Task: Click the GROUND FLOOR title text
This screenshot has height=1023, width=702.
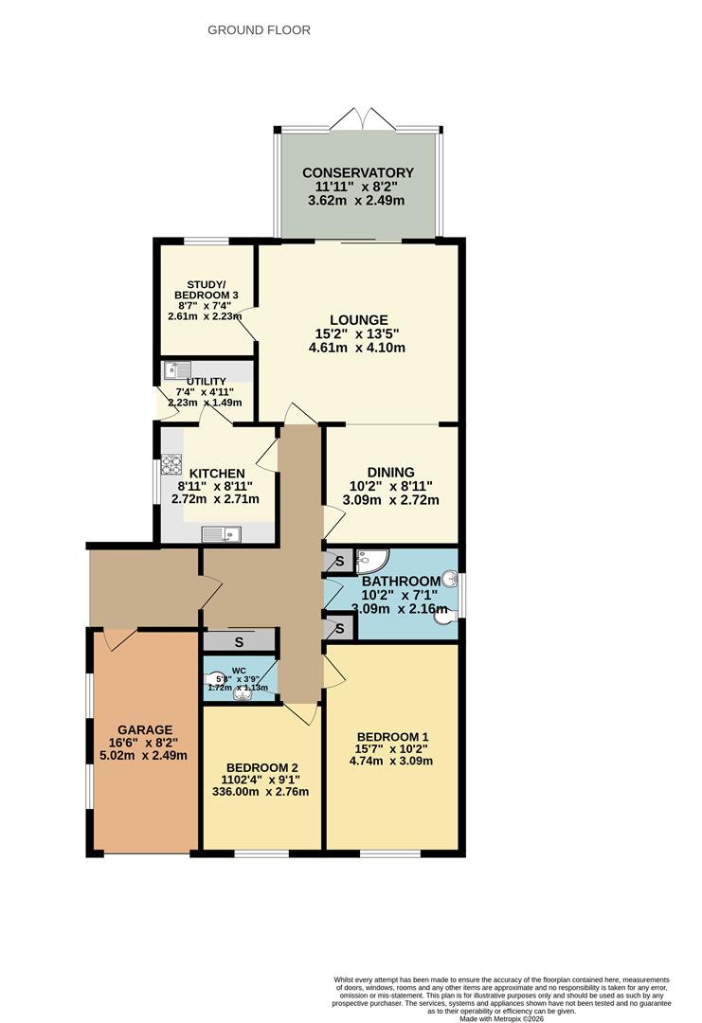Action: click(259, 30)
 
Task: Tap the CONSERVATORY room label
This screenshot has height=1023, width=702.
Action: click(358, 172)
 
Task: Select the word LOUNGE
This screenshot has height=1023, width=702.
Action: click(358, 319)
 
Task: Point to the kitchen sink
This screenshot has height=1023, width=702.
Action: click(222, 534)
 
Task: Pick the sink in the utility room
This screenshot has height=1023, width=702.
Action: click(176, 370)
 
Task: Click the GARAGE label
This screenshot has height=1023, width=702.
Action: click(145, 729)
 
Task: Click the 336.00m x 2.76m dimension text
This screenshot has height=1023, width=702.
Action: click(261, 792)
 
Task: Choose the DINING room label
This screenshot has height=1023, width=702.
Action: click(391, 472)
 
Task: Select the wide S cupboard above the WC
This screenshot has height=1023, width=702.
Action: click(239, 641)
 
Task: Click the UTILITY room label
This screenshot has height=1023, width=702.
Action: click(206, 380)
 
